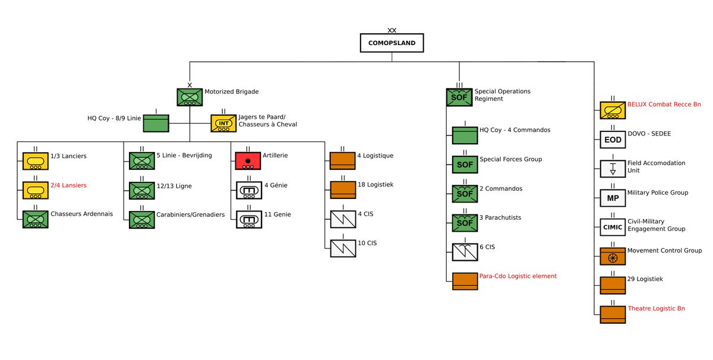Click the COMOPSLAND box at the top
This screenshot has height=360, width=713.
click(x=391, y=43)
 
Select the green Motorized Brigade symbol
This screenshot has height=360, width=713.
click(x=190, y=97)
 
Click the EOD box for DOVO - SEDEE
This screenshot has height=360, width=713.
click(x=612, y=140)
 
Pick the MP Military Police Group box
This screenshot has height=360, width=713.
click(x=612, y=197)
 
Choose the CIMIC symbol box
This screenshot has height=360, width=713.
click(x=612, y=226)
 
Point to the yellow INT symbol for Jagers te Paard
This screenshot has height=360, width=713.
click(x=223, y=124)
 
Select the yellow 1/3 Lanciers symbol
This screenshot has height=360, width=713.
click(x=35, y=160)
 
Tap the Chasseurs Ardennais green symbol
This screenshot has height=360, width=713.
click(x=35, y=219)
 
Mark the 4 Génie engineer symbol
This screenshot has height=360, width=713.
click(x=248, y=190)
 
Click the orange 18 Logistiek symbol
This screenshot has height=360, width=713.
click(x=342, y=190)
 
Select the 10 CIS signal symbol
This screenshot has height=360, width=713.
click(x=342, y=248)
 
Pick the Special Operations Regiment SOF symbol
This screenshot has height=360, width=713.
click(x=459, y=97)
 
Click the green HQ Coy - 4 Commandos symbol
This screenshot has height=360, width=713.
click(x=464, y=135)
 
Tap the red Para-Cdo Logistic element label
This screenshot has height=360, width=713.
click(x=518, y=276)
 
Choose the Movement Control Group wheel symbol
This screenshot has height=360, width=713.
click(x=612, y=256)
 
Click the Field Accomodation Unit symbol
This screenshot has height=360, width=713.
click(x=612, y=169)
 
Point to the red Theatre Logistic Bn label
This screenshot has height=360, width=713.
click(x=657, y=309)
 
